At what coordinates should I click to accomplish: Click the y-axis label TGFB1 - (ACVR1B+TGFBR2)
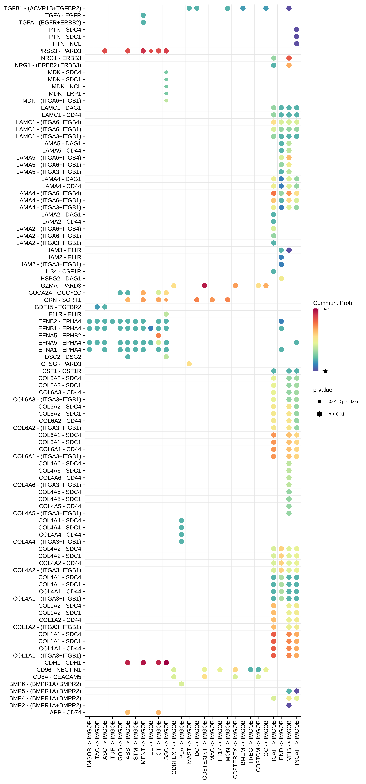43,8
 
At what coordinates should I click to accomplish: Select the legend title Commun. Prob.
333,303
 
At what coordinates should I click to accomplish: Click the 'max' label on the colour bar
325,309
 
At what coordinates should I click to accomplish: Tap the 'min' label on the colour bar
325,371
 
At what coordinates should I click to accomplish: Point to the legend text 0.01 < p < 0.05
343,401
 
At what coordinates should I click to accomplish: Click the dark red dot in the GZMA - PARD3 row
205,285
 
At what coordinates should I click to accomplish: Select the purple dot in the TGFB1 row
289,8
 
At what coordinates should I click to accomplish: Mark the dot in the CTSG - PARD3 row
189,364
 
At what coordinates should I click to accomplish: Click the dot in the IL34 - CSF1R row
273,271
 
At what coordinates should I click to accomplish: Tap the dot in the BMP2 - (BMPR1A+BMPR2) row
289,705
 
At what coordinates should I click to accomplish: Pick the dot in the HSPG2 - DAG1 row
281,278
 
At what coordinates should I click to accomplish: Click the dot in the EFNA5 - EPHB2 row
158,335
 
